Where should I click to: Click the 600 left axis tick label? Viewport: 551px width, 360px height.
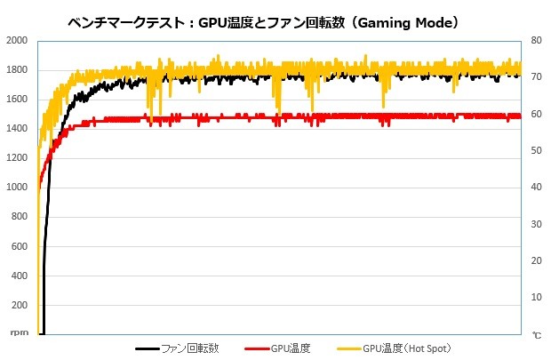click(19, 246)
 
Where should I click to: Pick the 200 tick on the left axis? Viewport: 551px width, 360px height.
click(19, 305)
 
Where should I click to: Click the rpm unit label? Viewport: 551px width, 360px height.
click(17, 334)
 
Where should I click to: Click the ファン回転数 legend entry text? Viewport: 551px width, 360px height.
click(190, 348)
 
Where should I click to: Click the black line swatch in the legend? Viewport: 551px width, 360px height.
click(148, 348)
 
